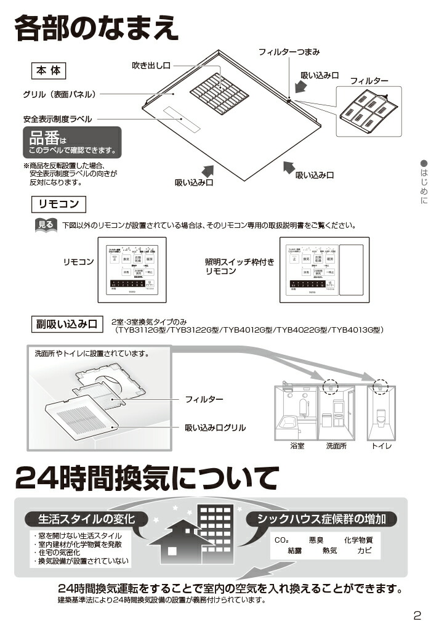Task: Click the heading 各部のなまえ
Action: click(97, 29)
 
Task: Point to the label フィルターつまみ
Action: click(289, 52)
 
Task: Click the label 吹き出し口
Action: click(151, 65)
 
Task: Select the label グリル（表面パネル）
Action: click(59, 95)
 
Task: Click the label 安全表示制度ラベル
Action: click(58, 118)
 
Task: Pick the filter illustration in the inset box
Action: click(368, 111)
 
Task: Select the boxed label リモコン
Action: click(59, 204)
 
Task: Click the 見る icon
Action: click(46, 225)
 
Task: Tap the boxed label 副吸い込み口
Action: click(67, 324)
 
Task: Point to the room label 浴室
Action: click(297, 445)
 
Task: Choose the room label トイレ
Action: click(382, 445)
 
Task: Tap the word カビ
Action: click(365, 551)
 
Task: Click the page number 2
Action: click(417, 614)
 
